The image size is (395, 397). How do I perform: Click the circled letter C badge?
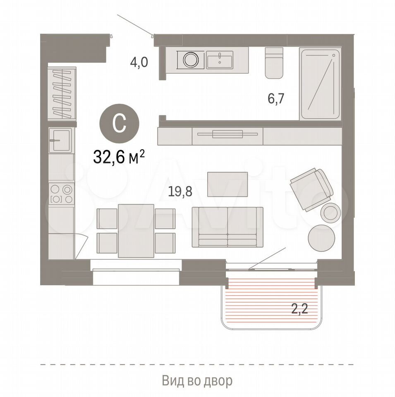[x=119, y=123]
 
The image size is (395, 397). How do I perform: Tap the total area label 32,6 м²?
[x=119, y=157]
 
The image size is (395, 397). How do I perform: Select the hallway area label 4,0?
[x=139, y=62]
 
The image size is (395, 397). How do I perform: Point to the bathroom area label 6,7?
[x=276, y=98]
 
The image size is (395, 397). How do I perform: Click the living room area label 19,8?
[x=180, y=191]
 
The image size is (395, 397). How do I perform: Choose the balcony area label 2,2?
[x=299, y=309]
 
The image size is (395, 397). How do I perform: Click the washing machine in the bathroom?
[x=191, y=60]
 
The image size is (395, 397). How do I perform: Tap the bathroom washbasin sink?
[x=220, y=60]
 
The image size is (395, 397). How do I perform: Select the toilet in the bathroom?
[x=274, y=62]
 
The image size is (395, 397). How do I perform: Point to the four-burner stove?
[x=61, y=194]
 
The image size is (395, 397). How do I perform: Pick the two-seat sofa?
[x=227, y=227]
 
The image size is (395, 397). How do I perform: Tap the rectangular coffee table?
[x=227, y=184]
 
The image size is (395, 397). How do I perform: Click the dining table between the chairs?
[x=136, y=231]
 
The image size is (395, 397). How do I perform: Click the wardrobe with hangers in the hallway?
[x=62, y=93]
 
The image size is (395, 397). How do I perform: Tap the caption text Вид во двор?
[x=197, y=380]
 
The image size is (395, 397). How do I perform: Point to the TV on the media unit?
[x=227, y=134]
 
